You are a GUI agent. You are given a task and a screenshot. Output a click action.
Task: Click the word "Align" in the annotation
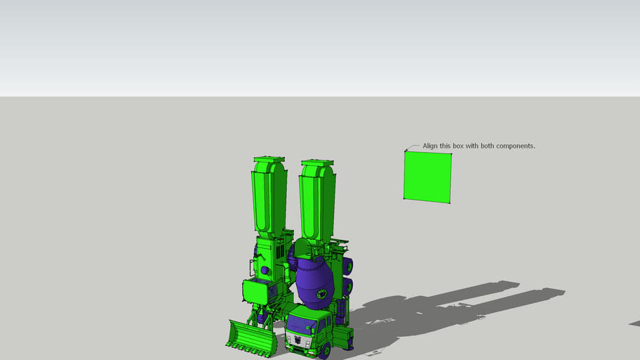pyautogui.click(x=430, y=146)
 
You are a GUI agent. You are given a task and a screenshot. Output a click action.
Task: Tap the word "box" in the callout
pyautogui.click(x=458, y=146)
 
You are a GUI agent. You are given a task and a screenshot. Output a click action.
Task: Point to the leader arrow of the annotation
pyautogui.click(x=411, y=148)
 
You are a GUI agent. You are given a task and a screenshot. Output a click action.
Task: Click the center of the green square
pyautogui.click(x=428, y=177)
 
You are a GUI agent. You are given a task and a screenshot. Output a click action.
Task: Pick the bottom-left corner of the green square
pyautogui.click(x=404, y=199)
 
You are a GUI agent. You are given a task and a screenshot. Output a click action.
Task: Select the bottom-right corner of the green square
pyautogui.click(x=449, y=203)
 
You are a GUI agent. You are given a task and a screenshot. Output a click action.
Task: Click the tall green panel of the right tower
pyautogui.click(x=316, y=204)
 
